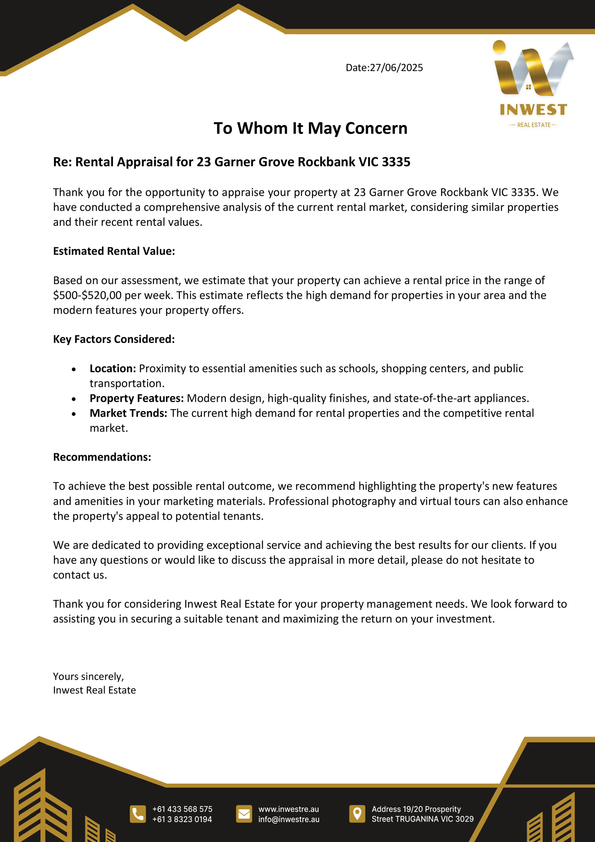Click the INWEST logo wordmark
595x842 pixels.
point(533,110)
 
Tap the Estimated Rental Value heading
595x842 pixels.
point(114,251)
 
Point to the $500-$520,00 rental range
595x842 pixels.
point(87,295)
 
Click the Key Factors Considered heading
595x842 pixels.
point(114,339)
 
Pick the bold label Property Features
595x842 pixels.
point(136,398)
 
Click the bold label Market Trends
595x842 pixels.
point(128,413)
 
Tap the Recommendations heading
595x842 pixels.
point(102,457)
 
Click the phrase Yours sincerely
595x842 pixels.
point(88,676)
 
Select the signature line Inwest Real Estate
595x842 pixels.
point(94,690)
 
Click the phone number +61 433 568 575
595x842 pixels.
point(182,809)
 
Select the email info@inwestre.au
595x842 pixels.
point(289,819)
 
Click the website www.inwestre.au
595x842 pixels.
point(289,809)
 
